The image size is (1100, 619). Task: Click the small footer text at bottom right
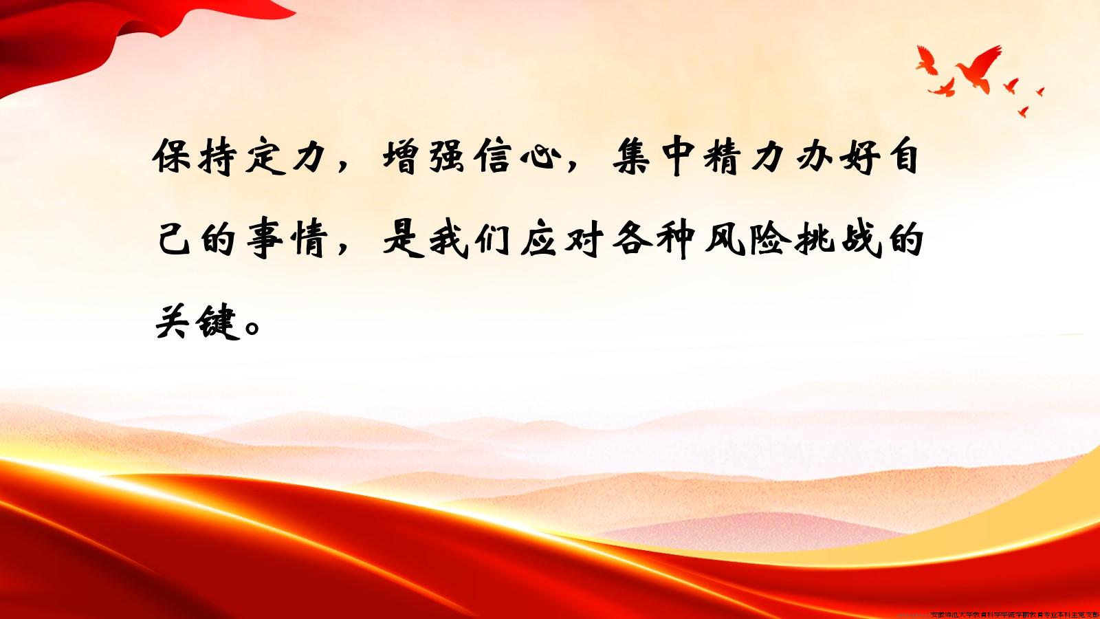coord(1014,614)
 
